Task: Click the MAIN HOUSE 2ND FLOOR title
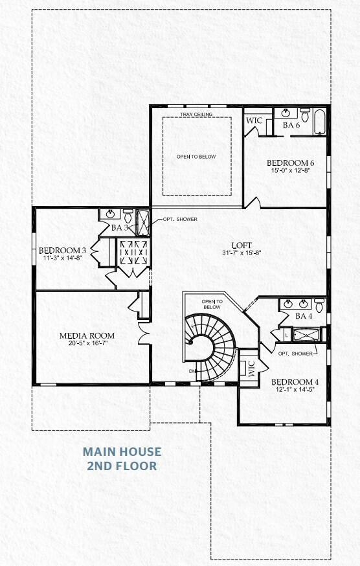122,458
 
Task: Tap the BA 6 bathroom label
291,125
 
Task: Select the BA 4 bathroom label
304,316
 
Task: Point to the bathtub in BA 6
320,122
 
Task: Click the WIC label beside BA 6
253,120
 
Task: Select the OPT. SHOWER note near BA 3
180,219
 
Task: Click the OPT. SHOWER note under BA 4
295,354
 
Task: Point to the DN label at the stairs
192,371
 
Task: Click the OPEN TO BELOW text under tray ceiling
196,157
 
